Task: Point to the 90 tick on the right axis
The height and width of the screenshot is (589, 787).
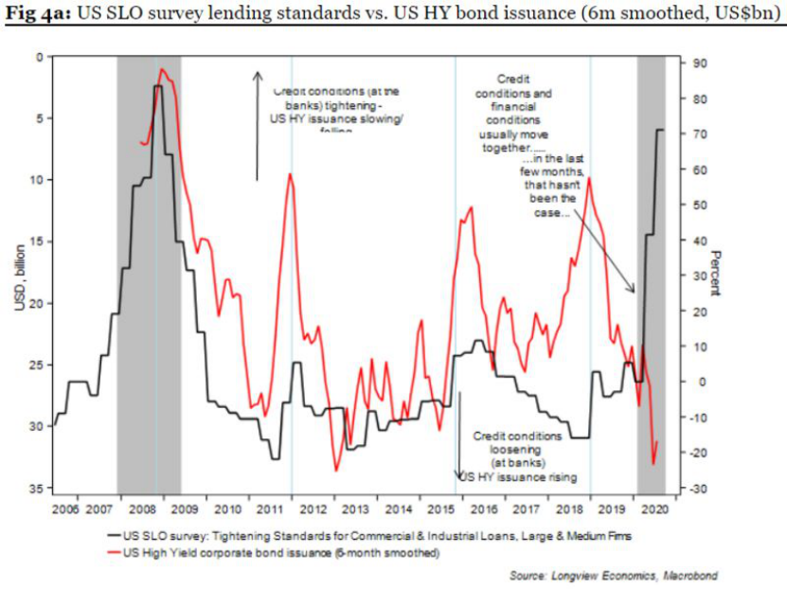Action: (698, 63)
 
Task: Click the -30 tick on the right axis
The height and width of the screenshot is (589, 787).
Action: (699, 489)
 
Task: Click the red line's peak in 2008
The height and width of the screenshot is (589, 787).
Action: (162, 69)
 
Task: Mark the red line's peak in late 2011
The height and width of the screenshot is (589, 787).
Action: (290, 174)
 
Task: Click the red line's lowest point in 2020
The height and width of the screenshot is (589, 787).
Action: (653, 463)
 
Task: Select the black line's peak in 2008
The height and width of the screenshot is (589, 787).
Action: (157, 86)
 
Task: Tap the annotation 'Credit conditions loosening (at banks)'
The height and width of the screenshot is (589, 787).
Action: (517, 450)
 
